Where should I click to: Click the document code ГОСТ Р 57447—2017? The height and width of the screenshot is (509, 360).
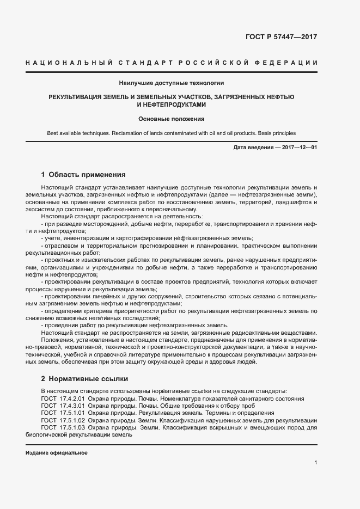pos(281,38)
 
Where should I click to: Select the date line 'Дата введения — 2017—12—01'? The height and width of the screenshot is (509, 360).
pos(275,148)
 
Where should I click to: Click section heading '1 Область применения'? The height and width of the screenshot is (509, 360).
pos(83,175)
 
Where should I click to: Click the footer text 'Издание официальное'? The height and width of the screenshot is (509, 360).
pos(57,453)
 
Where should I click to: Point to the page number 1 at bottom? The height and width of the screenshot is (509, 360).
pos(316,463)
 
